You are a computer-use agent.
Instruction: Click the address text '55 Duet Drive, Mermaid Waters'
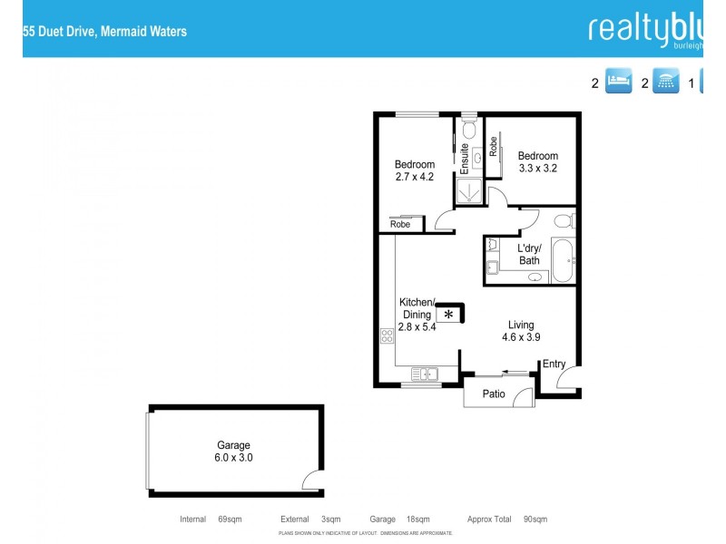click(x=104, y=31)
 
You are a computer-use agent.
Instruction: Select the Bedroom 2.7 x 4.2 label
click(x=414, y=170)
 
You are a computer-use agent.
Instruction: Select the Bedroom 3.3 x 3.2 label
click(x=537, y=161)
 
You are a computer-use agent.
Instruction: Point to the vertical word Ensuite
click(x=465, y=159)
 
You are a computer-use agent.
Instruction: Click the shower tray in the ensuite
click(x=469, y=189)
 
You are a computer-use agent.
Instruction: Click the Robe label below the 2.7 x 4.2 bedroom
click(x=400, y=224)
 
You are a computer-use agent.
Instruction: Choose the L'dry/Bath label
click(x=529, y=255)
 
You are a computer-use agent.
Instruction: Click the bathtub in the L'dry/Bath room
click(x=563, y=260)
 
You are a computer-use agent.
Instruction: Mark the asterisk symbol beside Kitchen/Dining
click(x=448, y=314)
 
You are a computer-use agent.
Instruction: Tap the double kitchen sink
click(x=424, y=373)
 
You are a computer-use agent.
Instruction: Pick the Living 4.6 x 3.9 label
click(x=521, y=331)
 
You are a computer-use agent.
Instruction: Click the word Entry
click(x=554, y=364)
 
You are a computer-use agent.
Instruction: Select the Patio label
click(x=494, y=394)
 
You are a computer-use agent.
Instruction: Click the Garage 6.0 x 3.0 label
click(x=233, y=452)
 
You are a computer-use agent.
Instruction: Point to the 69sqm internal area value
click(x=230, y=520)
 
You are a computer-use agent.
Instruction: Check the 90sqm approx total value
click(x=535, y=520)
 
